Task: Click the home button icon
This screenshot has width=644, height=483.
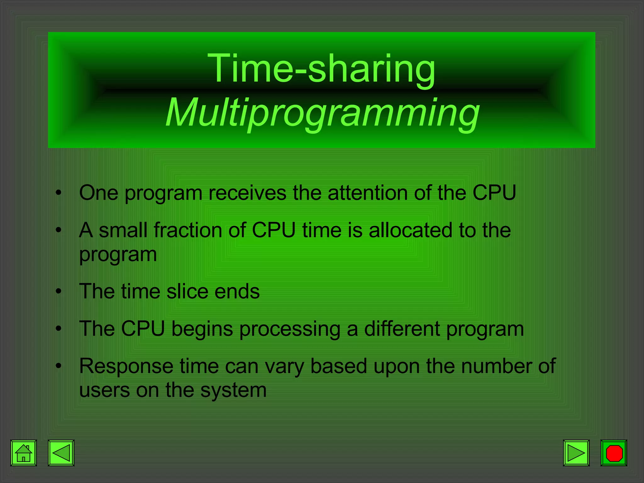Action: pyautogui.click(x=24, y=453)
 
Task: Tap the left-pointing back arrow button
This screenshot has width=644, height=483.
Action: pyautogui.click(x=61, y=453)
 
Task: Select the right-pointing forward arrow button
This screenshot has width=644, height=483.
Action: pyautogui.click(x=576, y=453)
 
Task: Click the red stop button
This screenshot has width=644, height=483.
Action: pyautogui.click(x=614, y=453)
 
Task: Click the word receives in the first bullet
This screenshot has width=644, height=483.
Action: pyautogui.click(x=247, y=193)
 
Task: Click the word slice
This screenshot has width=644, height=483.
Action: pyautogui.click(x=187, y=291)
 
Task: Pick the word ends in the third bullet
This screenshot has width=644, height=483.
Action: pyautogui.click(x=237, y=291)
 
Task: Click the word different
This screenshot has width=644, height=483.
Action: pyautogui.click(x=402, y=329)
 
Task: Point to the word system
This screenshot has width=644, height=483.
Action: pyautogui.click(x=233, y=391)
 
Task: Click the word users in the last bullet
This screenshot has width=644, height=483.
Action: pyautogui.click(x=104, y=390)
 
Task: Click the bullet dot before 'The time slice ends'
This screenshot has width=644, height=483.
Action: pyautogui.click(x=58, y=291)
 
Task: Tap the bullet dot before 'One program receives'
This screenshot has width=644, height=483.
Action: pyautogui.click(x=58, y=193)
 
